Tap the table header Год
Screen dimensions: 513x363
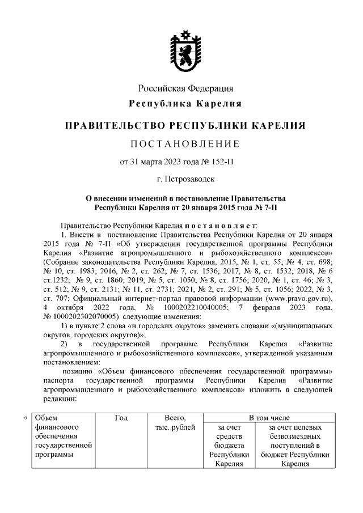click(121, 418)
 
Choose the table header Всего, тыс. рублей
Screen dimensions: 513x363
click(175, 422)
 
